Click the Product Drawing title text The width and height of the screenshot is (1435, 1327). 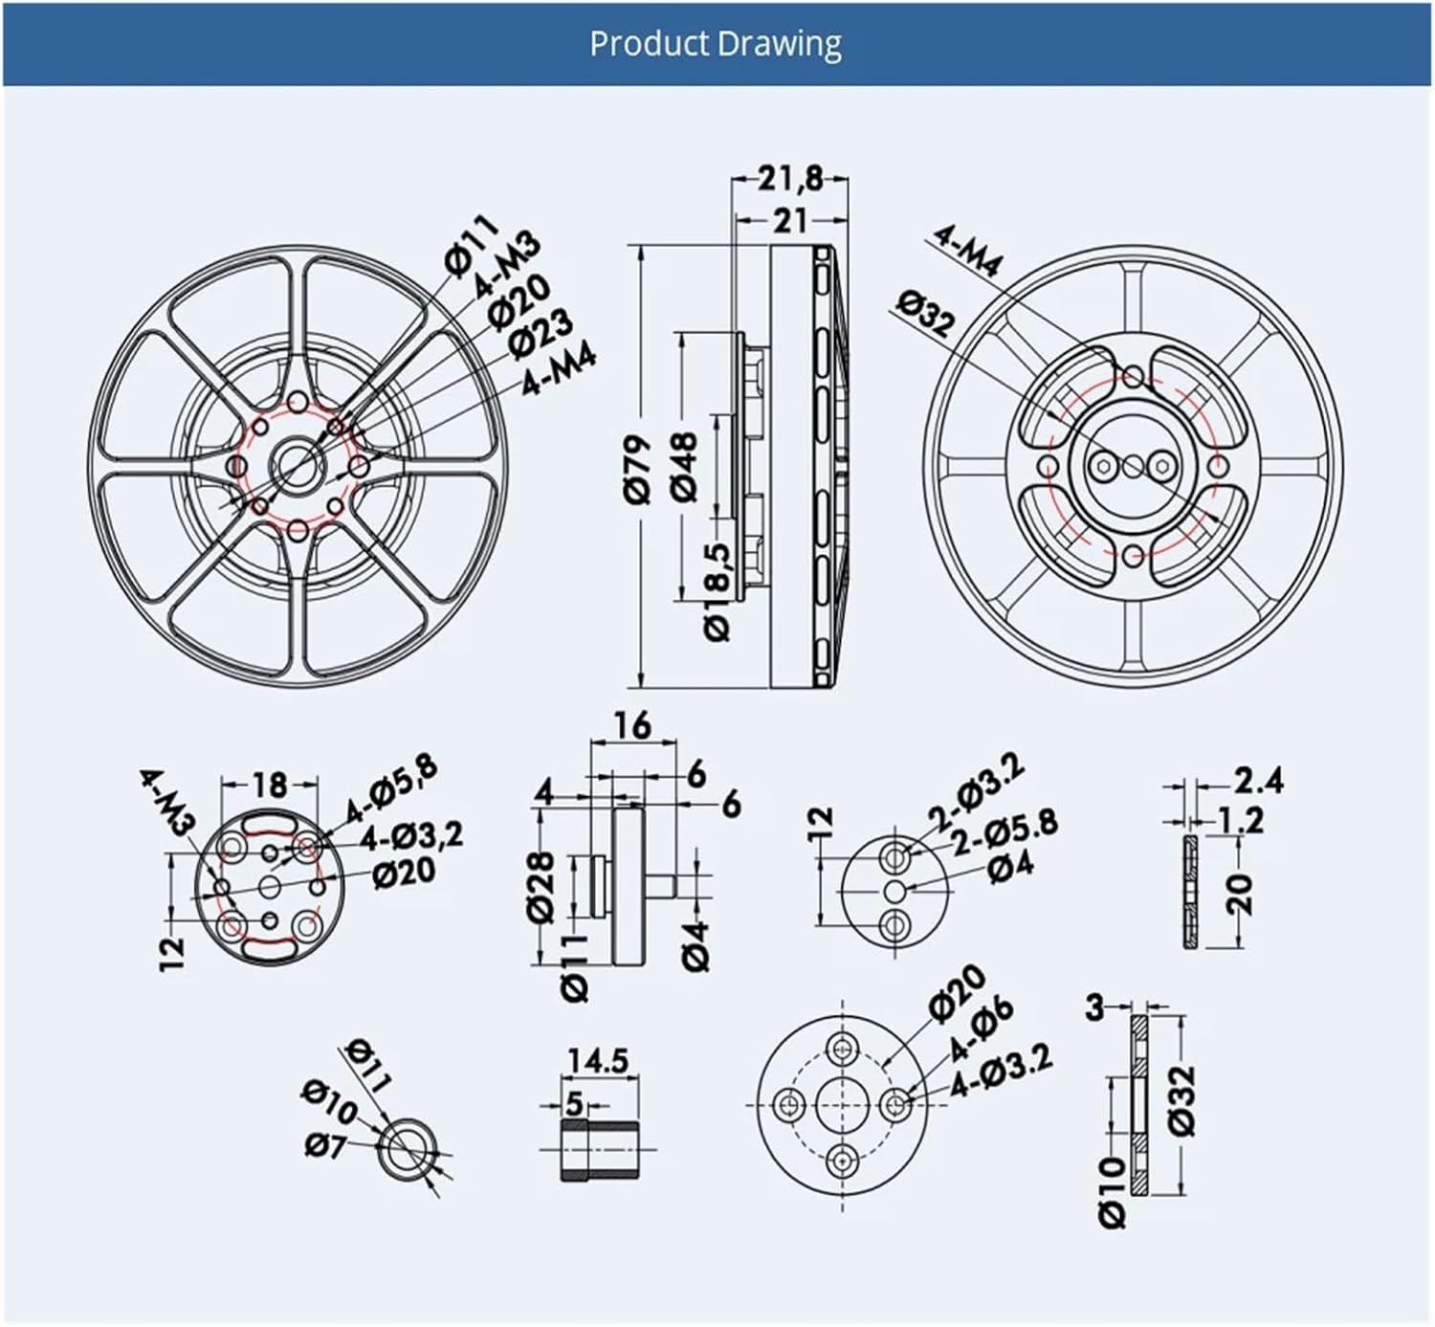pos(716,44)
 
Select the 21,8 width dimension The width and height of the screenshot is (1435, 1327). pos(789,179)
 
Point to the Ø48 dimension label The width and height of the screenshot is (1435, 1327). pos(685,466)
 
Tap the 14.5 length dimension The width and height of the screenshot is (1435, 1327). pos(598,1061)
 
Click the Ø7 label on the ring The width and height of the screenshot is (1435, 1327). pos(325,1143)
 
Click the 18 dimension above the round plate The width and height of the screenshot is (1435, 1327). pos(270,785)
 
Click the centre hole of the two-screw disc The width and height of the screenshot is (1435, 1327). pos(895,891)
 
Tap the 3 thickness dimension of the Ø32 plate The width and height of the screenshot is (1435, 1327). pos(1096,1006)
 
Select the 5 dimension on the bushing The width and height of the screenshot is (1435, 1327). pos(573,1103)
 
